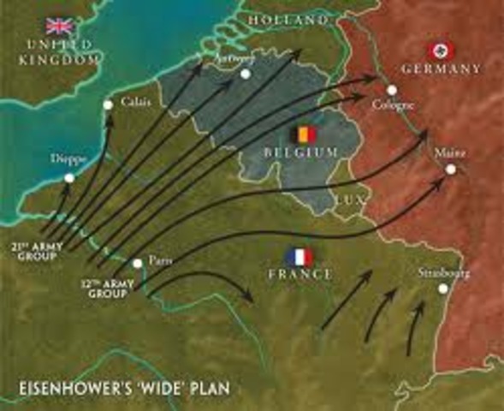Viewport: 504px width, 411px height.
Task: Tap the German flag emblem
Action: (447, 50)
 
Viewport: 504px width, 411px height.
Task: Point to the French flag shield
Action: (299, 256)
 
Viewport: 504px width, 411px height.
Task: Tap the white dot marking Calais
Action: (108, 105)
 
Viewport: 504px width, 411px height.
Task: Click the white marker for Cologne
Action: (391, 90)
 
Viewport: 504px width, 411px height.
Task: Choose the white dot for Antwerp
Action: (245, 74)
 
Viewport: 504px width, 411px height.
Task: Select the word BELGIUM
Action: (302, 152)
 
